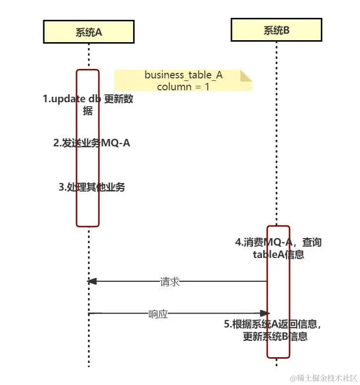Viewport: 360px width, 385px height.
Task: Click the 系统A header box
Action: coord(88,32)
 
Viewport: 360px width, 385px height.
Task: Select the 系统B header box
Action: coord(276,30)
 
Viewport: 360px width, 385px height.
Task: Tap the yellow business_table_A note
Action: coord(183,80)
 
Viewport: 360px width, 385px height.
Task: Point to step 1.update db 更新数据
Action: coord(88,105)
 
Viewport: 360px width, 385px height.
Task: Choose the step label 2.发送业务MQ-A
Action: coord(92,143)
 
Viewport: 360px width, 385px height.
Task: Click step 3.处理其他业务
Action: coord(92,187)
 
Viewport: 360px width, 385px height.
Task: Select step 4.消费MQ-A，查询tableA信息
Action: coord(278,249)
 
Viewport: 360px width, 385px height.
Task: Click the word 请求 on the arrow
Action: coord(170,282)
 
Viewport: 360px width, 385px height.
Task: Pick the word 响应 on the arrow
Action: coord(158,314)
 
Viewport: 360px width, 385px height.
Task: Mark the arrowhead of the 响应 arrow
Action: coord(265,313)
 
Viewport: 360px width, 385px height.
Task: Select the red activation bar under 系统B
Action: coord(278,293)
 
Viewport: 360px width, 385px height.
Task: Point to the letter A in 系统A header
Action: coord(98,32)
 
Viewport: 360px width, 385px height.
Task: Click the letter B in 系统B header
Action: coord(286,30)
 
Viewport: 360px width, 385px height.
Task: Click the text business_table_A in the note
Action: coord(183,75)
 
